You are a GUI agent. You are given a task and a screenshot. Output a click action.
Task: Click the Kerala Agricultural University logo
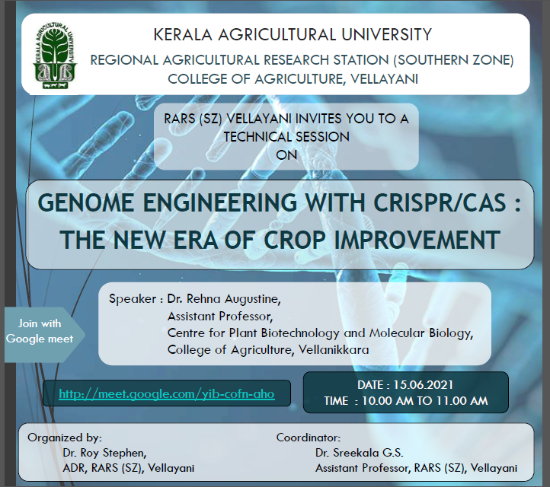pyautogui.click(x=55, y=56)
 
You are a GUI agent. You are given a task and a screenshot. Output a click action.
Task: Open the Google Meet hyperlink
pyautogui.click(x=167, y=394)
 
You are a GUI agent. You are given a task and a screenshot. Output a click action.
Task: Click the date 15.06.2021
pyautogui.click(x=423, y=385)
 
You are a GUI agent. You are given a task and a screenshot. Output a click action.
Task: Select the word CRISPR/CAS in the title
pyautogui.click(x=440, y=203)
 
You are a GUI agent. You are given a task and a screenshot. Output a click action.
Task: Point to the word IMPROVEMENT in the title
pyautogui.click(x=417, y=240)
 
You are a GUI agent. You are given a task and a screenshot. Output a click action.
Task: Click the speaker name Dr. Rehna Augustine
pyautogui.click(x=224, y=299)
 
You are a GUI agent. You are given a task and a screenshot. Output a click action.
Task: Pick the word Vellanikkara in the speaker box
pyautogui.click(x=334, y=350)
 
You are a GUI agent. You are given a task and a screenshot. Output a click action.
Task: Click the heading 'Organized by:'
pyautogui.click(x=65, y=438)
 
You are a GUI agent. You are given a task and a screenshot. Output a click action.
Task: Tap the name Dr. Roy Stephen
pyautogui.click(x=104, y=453)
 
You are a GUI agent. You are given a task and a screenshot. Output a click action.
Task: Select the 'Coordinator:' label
pyautogui.click(x=309, y=438)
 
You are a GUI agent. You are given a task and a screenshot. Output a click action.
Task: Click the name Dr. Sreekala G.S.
pyautogui.click(x=360, y=453)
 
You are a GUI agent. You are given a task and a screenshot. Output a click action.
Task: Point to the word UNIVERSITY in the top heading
pyautogui.click(x=386, y=35)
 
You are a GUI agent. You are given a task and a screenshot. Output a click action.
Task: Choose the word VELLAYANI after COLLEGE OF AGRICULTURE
pyautogui.click(x=384, y=79)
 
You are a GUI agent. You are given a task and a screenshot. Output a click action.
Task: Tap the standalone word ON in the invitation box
pyautogui.click(x=286, y=155)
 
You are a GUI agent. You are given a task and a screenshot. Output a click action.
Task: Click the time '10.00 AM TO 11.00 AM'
pyautogui.click(x=424, y=400)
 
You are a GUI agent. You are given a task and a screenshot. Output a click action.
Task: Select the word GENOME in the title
pyautogui.click(x=85, y=203)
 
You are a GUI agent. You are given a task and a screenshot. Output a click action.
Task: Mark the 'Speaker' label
pyautogui.click(x=133, y=299)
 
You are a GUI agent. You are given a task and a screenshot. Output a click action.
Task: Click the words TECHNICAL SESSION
pyautogui.click(x=286, y=137)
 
